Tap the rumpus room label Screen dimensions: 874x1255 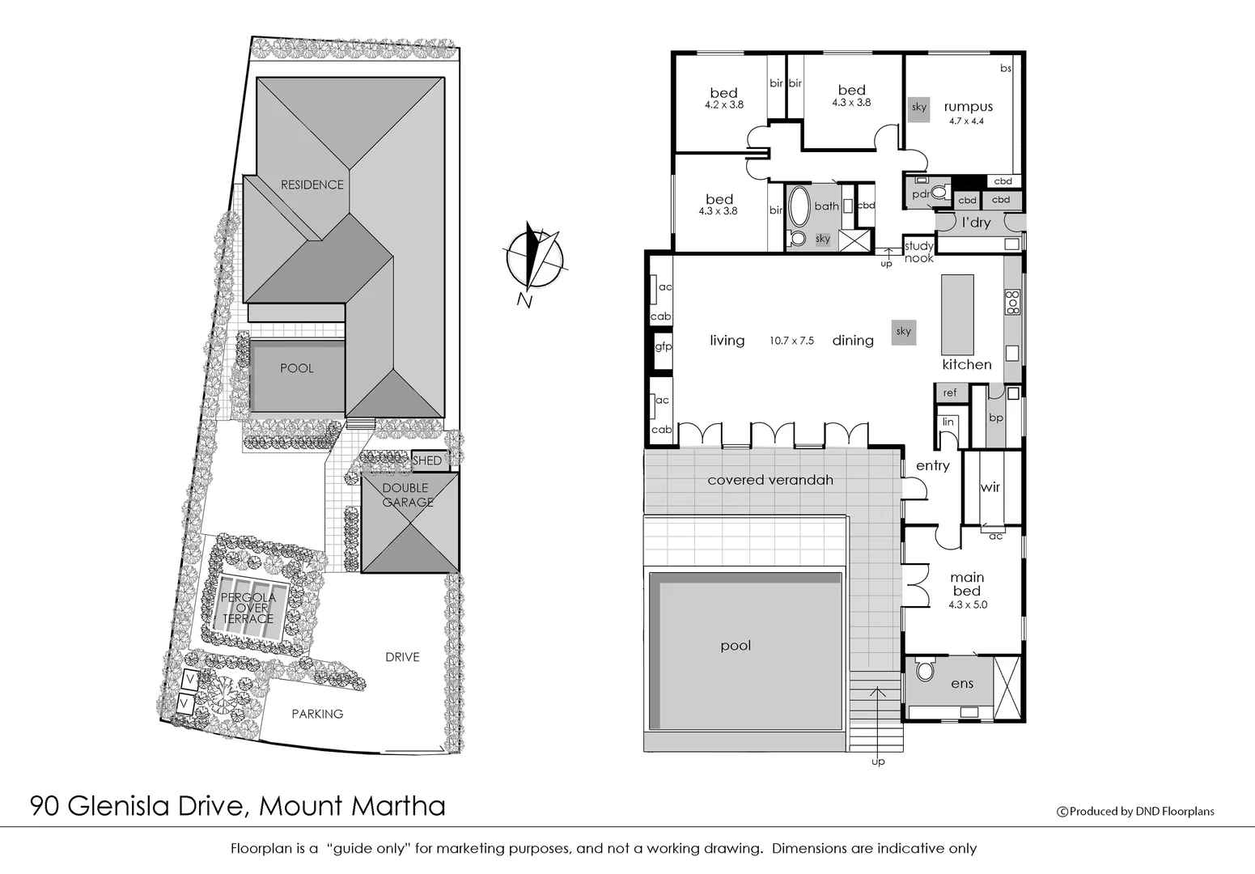[x=968, y=107]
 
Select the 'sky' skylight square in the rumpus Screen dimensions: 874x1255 [x=918, y=108]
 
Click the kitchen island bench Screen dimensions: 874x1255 [x=957, y=314]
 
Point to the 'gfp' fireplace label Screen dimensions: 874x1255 [x=663, y=346]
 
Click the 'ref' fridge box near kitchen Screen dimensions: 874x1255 [x=950, y=392]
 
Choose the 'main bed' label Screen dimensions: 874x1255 [x=967, y=583]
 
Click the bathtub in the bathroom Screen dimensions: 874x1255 [x=798, y=206]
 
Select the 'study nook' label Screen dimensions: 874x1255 [x=919, y=252]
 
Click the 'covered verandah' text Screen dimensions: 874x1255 [x=770, y=480]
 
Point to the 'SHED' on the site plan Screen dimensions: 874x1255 [x=427, y=460]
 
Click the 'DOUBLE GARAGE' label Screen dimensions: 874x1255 [x=407, y=495]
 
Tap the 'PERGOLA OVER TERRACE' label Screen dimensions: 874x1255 [x=248, y=608]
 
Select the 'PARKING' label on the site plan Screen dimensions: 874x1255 [x=317, y=714]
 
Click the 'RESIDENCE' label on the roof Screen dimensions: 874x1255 [x=312, y=185]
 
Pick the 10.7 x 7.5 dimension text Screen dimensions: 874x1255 [x=791, y=342]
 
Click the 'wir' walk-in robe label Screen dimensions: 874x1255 [x=990, y=487]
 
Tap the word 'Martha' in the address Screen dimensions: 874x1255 [x=398, y=806]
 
